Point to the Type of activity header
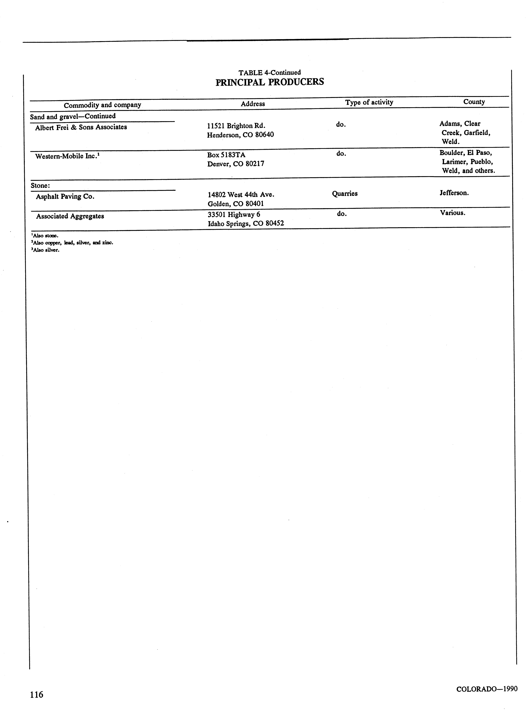point(369,102)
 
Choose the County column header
point(474,102)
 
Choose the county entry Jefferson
point(454,193)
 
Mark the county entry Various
point(452,213)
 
